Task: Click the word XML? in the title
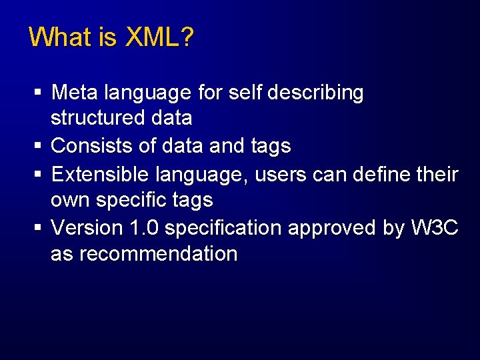(159, 37)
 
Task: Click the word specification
(225, 228)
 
